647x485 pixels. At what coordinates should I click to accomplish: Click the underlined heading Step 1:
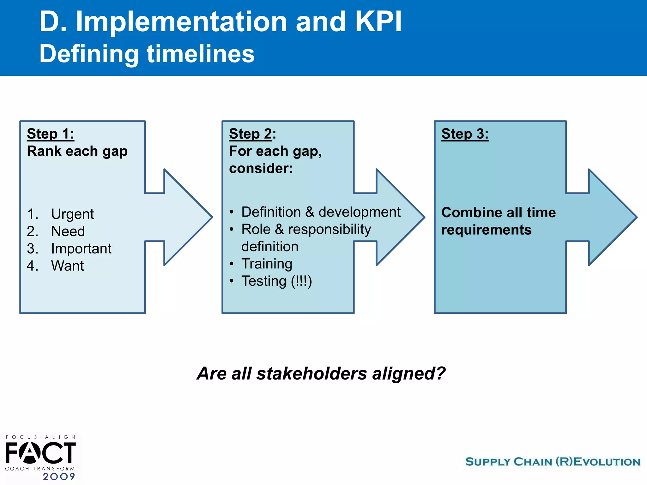(x=51, y=134)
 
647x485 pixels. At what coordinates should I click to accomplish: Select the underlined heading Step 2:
(x=252, y=134)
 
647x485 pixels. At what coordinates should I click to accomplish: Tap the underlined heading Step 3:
(x=465, y=134)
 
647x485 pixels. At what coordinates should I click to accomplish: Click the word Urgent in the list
(x=72, y=214)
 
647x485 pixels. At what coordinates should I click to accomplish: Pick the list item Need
(x=68, y=231)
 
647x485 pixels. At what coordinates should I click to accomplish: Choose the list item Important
(x=81, y=248)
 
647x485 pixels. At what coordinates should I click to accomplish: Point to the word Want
(x=67, y=266)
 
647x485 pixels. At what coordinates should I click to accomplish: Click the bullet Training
(x=267, y=264)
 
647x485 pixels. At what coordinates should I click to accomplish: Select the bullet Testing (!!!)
(x=276, y=281)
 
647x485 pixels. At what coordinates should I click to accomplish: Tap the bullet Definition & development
(x=321, y=212)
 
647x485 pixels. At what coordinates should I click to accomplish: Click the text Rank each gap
(x=77, y=151)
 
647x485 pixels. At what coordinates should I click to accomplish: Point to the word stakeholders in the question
(x=311, y=374)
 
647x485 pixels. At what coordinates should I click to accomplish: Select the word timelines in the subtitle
(x=201, y=54)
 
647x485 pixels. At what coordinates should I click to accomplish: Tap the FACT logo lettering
(x=40, y=453)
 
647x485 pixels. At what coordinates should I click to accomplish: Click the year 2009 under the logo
(x=59, y=476)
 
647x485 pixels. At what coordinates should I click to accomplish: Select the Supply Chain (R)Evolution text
(x=553, y=462)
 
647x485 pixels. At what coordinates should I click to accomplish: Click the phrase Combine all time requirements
(x=498, y=221)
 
